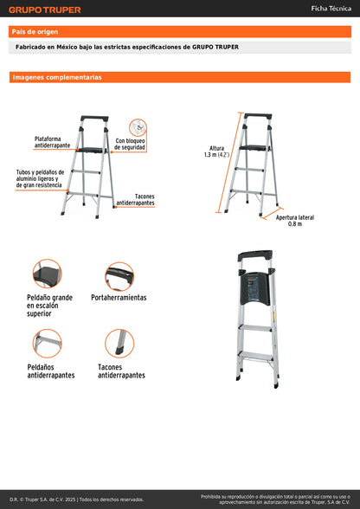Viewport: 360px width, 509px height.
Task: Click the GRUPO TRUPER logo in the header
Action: point(45,10)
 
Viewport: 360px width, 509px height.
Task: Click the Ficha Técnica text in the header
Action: point(331,8)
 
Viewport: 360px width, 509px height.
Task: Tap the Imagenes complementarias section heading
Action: point(57,77)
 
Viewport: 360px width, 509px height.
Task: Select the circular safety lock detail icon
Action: point(138,126)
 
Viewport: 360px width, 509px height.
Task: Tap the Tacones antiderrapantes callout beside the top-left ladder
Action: point(135,199)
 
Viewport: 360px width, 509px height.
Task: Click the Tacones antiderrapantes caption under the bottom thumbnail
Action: point(121,371)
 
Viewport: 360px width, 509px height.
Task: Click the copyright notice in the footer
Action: point(77,499)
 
